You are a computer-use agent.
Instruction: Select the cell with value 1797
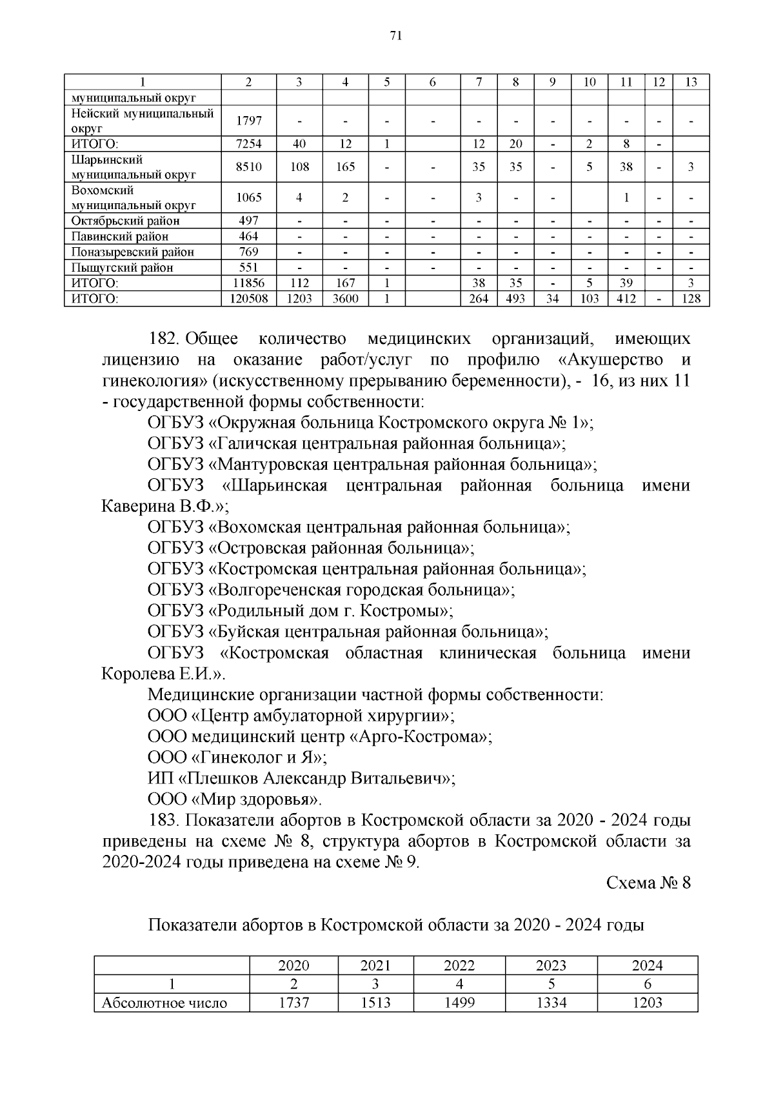coord(248,121)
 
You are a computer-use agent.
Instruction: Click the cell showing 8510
coord(248,167)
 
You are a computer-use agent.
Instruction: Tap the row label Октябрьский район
coord(125,221)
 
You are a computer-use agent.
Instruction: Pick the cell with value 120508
coord(248,299)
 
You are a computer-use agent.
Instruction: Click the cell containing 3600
coord(345,299)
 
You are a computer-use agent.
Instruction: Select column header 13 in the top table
coord(691,82)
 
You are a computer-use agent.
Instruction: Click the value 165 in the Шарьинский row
coord(345,167)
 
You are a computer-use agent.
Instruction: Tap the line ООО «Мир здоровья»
coord(234,799)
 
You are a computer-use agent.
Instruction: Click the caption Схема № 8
coord(648,883)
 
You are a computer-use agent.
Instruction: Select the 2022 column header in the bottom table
coord(459,965)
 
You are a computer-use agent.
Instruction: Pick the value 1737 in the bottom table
coord(293,1003)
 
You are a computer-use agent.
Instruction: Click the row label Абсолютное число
coord(164,1003)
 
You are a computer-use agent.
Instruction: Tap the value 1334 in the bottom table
coord(551,1003)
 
